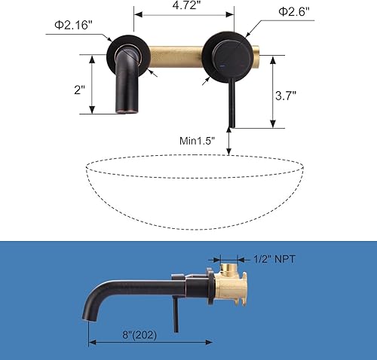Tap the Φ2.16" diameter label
click(x=72, y=25)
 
